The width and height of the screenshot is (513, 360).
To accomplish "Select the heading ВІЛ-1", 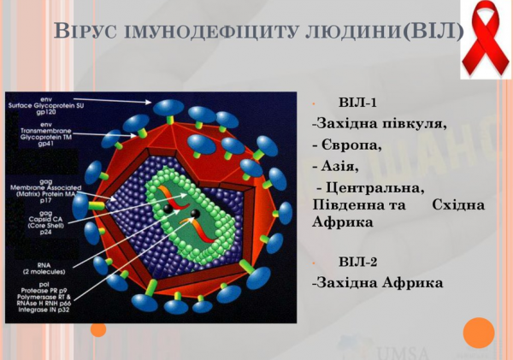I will (357, 103).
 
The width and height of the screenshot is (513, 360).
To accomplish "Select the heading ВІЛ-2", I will (357, 262).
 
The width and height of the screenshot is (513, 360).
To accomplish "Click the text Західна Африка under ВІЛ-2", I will (377, 282).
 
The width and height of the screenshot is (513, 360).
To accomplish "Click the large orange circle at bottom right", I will (479, 333).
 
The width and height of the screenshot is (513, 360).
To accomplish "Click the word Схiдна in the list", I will (458, 205).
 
